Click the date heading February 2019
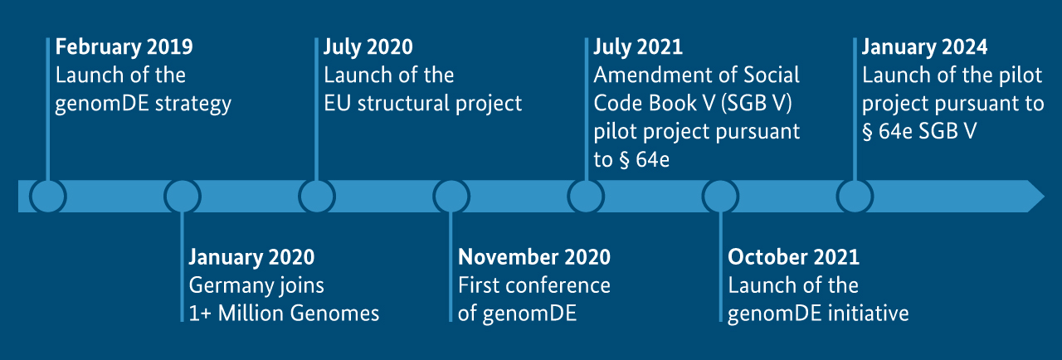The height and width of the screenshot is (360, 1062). click(x=124, y=47)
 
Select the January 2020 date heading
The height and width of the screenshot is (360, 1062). click(x=251, y=258)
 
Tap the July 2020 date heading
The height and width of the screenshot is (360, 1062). click(x=368, y=47)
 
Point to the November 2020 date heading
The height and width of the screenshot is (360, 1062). click(x=534, y=257)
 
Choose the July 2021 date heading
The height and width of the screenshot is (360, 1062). click(x=638, y=47)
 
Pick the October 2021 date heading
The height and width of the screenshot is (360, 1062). click(x=794, y=257)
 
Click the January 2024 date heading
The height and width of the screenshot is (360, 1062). click(x=924, y=47)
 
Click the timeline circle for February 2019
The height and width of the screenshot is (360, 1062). click(x=48, y=196)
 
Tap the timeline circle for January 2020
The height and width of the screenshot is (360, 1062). click(x=183, y=196)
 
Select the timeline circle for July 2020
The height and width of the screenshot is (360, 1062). click(x=317, y=196)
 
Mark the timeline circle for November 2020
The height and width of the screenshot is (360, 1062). click(x=451, y=196)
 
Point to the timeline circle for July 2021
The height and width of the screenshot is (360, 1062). click(x=586, y=196)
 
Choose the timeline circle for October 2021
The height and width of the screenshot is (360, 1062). click(x=720, y=196)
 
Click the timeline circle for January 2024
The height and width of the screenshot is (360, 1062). click(x=855, y=196)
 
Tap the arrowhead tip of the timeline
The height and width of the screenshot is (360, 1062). click(x=1044, y=196)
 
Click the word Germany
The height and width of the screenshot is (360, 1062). click(x=225, y=286)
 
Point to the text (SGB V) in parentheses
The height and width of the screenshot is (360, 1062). click(x=756, y=104)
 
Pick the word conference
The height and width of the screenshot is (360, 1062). click(x=557, y=285)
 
